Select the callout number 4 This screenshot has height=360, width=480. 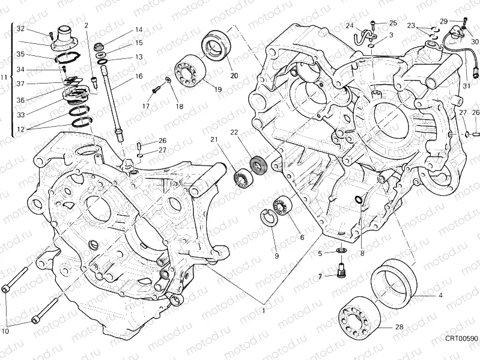click(x=440, y=296)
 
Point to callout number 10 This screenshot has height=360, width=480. click(x=6, y=331)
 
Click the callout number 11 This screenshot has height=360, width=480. click(x=4, y=78)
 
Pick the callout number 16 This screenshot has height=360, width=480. click(x=139, y=76)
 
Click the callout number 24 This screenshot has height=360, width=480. click(x=348, y=25)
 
